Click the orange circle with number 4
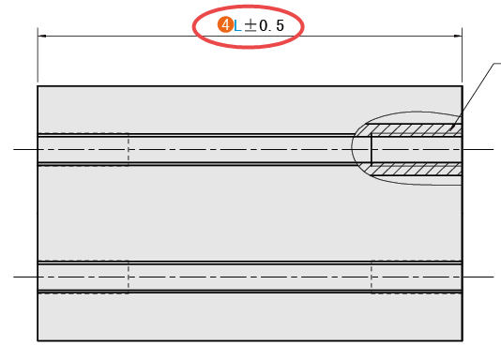(225, 25)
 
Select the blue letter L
(237, 26)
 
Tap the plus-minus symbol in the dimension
(250, 25)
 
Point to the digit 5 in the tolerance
(280, 25)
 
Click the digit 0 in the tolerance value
(264, 25)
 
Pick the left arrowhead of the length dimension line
(42, 36)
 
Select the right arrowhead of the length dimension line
(458, 36)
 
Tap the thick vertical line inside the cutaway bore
(372, 150)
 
